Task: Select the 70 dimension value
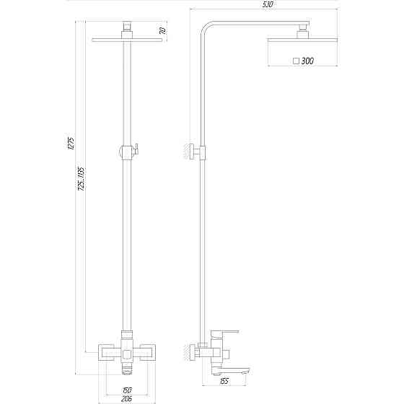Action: (x=163, y=31)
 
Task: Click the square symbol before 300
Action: (x=297, y=62)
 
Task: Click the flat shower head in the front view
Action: (x=128, y=39)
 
